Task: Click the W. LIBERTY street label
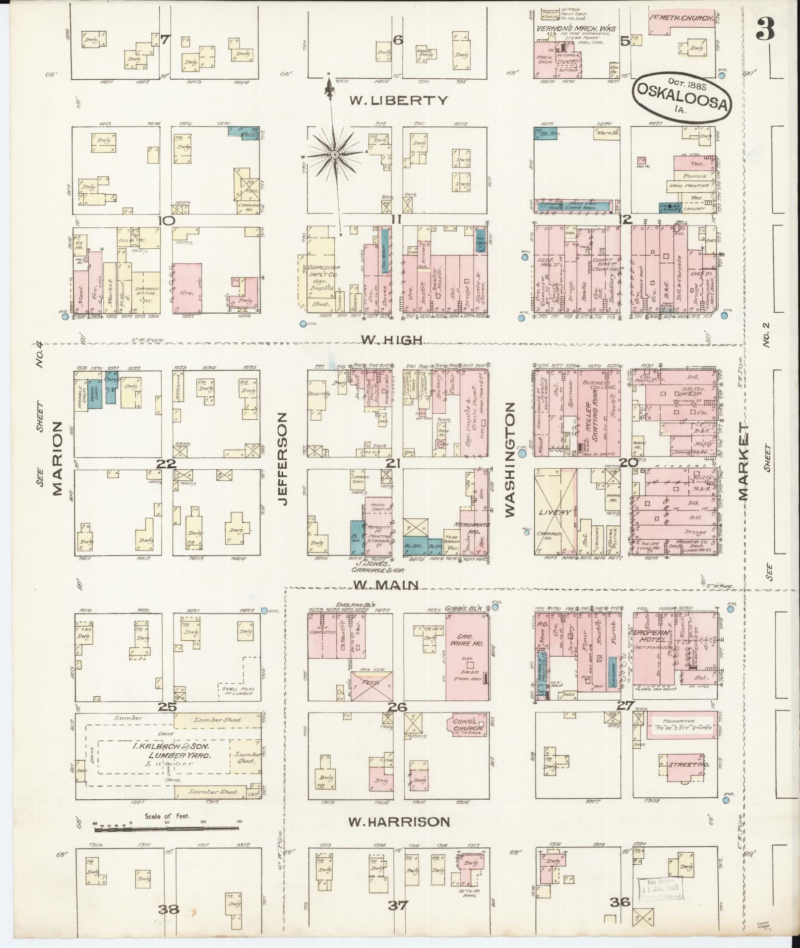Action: pos(398,101)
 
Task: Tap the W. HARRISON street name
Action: pos(398,822)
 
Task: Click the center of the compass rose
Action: pos(335,155)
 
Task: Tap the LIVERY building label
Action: pos(554,512)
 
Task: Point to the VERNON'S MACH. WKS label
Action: pos(575,29)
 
